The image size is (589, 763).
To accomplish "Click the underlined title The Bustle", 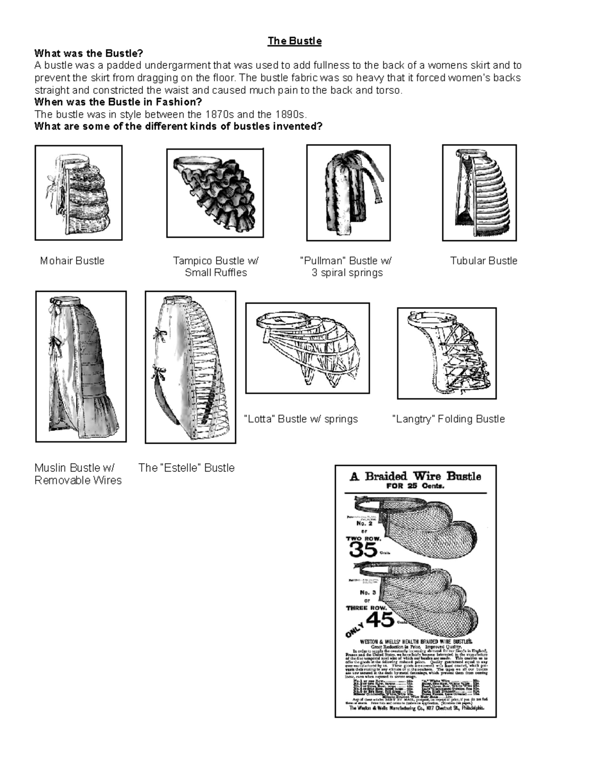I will [294, 41].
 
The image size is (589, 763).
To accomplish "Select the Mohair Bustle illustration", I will [79, 193].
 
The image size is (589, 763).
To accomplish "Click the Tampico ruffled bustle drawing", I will [215, 193].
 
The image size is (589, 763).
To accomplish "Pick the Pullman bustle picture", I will [348, 193].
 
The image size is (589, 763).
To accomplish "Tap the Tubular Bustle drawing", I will [480, 193].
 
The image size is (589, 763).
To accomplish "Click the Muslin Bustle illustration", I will [81, 367].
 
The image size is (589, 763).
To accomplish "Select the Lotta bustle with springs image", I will [307, 348].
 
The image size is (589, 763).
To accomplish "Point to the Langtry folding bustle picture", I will [447, 353].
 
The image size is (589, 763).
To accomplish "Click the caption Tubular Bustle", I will [483, 261].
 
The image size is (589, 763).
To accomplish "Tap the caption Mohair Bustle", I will [72, 261].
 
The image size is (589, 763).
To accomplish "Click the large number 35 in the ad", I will [363, 550].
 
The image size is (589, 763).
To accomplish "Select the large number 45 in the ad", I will [380, 620].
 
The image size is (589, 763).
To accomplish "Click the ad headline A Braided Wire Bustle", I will [415, 476].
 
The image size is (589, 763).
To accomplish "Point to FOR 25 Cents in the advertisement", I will [415, 486].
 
